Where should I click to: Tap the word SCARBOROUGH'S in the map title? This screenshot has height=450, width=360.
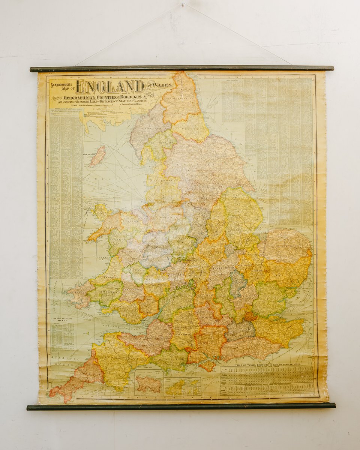(x=61, y=85)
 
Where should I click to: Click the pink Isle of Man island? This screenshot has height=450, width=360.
(x=97, y=156)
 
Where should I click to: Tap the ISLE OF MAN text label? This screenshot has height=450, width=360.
(x=90, y=154)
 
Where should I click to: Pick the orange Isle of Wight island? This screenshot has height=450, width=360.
(x=207, y=366)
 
